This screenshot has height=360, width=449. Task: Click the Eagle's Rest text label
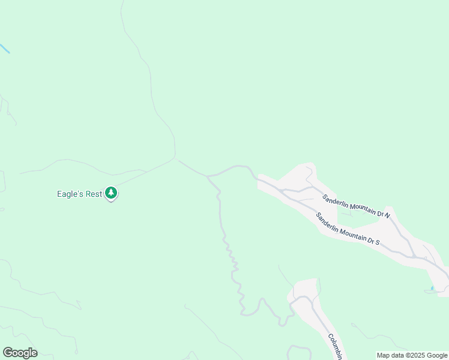(79, 194)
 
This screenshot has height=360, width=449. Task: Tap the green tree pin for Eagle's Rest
(110, 193)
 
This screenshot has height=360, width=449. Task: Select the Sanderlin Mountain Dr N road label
(356, 205)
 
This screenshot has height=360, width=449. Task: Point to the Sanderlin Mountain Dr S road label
(348, 229)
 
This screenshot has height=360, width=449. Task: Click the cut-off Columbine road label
(334, 346)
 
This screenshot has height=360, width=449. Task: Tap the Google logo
(20, 353)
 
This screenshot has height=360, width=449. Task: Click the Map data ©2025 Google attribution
(412, 355)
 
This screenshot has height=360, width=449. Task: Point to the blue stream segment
(4, 49)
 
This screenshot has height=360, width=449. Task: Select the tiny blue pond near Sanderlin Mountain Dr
(432, 289)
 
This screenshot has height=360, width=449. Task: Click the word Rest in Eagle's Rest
(94, 194)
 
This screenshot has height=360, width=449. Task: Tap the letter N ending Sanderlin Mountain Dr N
(387, 214)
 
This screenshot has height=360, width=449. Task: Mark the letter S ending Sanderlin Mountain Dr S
(378, 241)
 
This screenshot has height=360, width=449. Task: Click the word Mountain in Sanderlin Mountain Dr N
(359, 206)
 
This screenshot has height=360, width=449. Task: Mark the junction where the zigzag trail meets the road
(208, 176)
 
